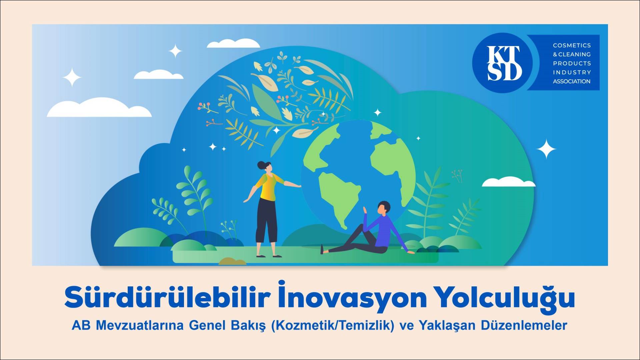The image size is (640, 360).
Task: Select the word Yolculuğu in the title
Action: pos(506,298)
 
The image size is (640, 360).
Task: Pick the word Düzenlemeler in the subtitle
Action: pos(524,325)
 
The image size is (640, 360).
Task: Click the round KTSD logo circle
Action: pos(505,63)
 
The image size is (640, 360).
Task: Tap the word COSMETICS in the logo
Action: pos(572,45)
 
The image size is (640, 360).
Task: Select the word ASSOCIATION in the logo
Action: pos(571,81)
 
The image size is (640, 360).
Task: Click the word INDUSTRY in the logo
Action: pos(572,72)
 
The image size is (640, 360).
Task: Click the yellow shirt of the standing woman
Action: pos(269,187)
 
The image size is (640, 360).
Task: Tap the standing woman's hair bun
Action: pos(261,164)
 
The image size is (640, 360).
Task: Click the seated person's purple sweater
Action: pos(386,232)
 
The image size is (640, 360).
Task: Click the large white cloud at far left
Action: pos(99,108)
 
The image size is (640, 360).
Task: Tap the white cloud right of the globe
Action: pos(508,182)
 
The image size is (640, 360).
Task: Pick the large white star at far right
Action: pos(546,149)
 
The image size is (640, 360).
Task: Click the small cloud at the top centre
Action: pos(233,43)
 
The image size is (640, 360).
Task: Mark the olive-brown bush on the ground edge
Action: pos(232,261)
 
